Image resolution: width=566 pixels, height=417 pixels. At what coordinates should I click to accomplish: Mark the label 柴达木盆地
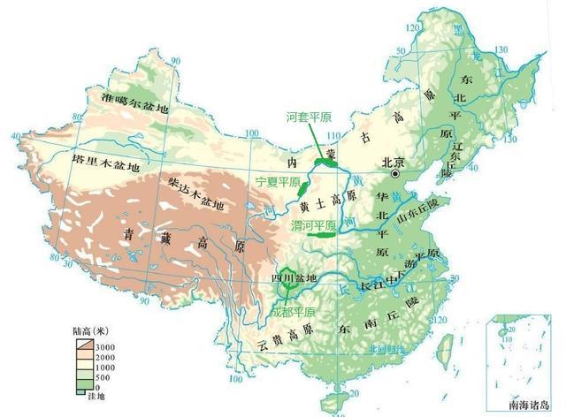pyautogui.click(x=195, y=193)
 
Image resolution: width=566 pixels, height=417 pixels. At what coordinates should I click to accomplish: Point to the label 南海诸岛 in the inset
pyautogui.click(x=529, y=406)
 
